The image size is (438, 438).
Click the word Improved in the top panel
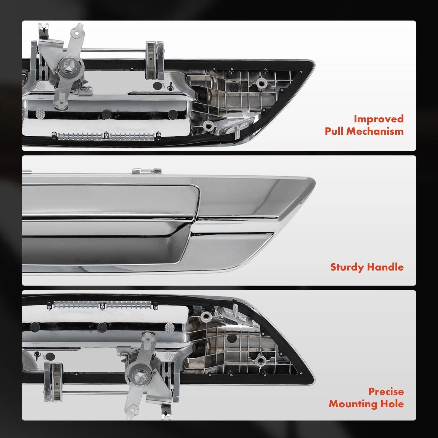[379, 119]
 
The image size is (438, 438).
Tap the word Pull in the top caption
[334, 131]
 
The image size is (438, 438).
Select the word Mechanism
[375, 131]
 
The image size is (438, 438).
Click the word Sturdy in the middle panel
[347, 267]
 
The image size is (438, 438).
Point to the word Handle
[385, 267]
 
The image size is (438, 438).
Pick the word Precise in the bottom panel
[386, 391]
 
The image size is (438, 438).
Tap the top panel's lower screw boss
[208, 126]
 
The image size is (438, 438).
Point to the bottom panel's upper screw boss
[206, 317]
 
